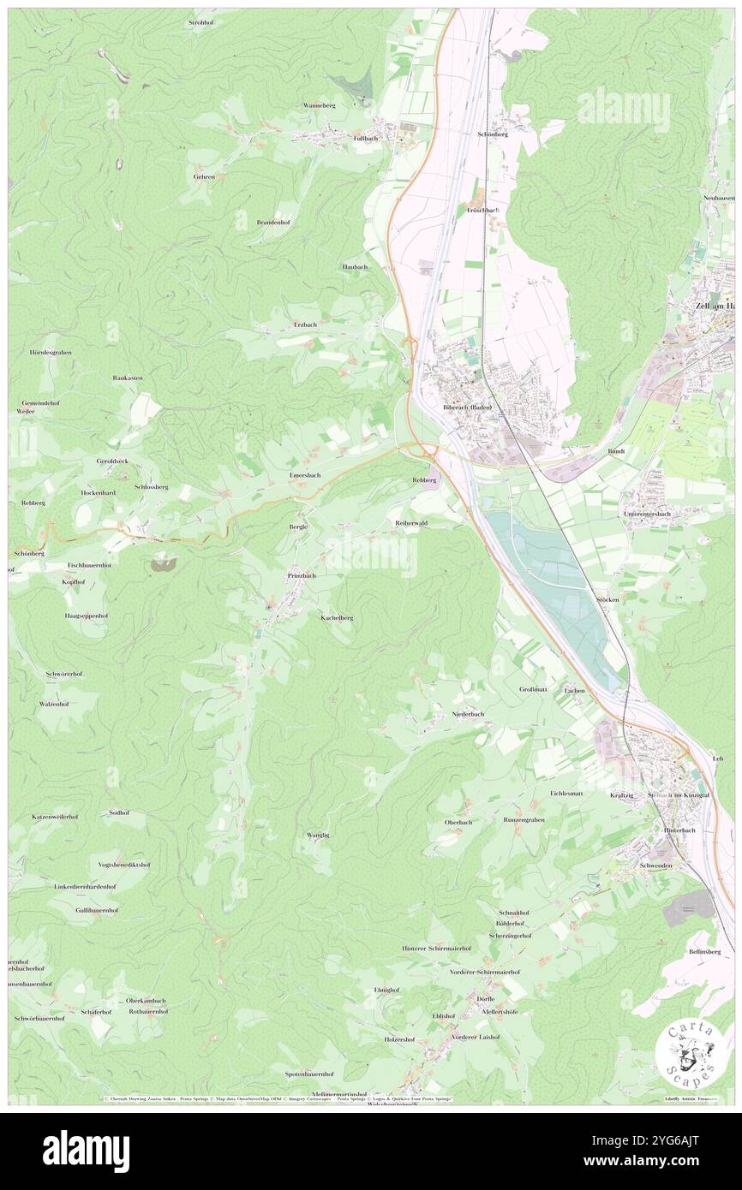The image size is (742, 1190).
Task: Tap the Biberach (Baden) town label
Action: pos(467,408)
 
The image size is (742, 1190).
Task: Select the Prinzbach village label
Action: pos(302,576)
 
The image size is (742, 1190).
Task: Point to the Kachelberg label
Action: pos(337,617)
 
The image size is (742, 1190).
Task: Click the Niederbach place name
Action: pos(468,714)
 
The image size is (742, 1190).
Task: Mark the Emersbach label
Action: pos(304,475)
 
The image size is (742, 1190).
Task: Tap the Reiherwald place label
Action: pos(411,522)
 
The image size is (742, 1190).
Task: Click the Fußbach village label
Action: pos(366,138)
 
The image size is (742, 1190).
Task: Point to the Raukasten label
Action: pos(128,378)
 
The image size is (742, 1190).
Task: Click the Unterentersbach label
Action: pos(647,514)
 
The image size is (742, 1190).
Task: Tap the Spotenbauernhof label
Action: pos(309,1074)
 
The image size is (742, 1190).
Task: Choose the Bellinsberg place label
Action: pos(704,951)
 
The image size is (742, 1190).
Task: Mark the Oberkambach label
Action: pos(146,1000)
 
